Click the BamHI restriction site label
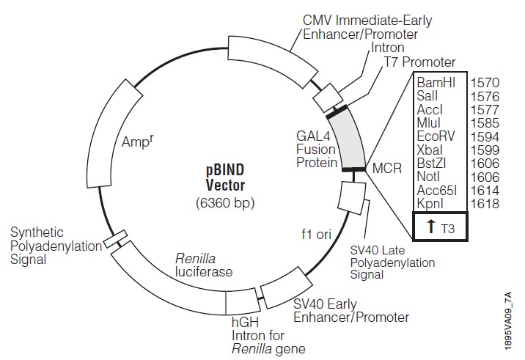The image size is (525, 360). [x=436, y=82]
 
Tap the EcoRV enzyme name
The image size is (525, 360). [x=437, y=136]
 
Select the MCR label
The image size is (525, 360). [x=387, y=168]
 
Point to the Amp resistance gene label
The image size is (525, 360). [x=138, y=142]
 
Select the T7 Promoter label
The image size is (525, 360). [x=419, y=63]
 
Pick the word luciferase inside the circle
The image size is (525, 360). [x=204, y=272]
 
